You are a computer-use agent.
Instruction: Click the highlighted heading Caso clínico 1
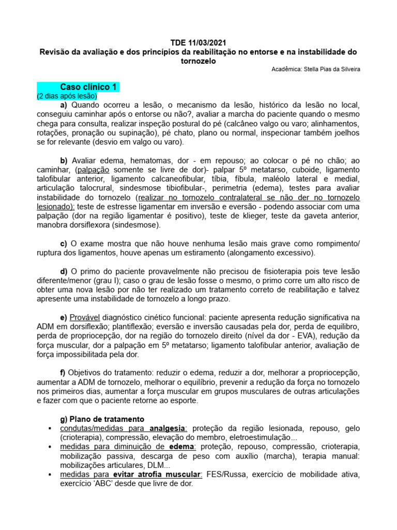[89, 86]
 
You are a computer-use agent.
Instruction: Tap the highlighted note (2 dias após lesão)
[67, 96]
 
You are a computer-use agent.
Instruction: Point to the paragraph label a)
[64, 105]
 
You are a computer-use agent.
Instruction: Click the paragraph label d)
[64, 271]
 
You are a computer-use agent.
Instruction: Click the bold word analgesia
[168, 428]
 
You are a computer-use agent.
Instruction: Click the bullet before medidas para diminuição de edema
[49, 447]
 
